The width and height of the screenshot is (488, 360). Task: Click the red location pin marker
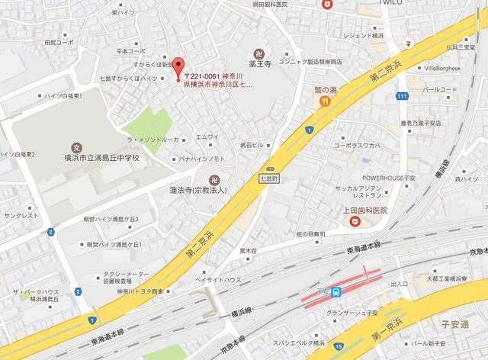pos(177,66)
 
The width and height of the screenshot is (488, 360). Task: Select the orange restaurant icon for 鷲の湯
pos(324,100)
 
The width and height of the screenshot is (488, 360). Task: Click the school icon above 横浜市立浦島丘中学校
pos(75,146)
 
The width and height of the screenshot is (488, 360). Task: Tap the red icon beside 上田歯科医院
pos(353,221)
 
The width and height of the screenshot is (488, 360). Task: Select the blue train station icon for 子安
pos(336,291)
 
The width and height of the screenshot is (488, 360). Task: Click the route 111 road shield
pos(402,95)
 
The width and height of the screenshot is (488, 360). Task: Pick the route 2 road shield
pos(50,231)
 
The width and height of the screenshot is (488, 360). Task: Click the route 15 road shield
pos(338,348)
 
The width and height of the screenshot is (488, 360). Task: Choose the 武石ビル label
pos(252,145)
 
